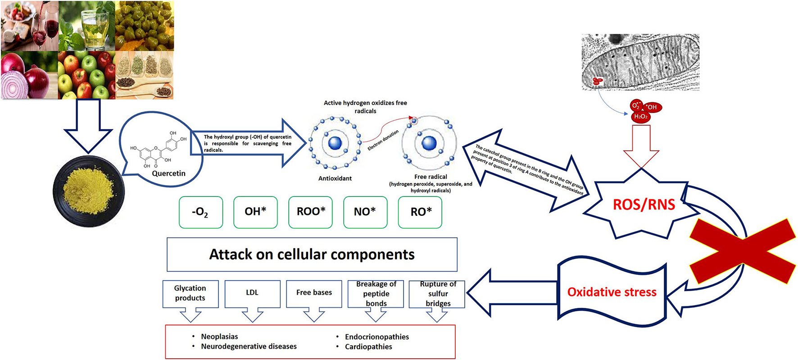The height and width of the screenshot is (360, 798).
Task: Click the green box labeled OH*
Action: [x=255, y=212]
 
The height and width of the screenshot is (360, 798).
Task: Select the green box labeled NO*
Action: [x=365, y=212]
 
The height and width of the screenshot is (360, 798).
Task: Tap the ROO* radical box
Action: [x=310, y=212]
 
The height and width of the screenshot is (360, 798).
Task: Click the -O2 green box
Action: [x=200, y=212]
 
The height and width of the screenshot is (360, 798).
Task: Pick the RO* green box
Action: [x=420, y=212]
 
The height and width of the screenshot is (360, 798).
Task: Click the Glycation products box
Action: [x=190, y=293]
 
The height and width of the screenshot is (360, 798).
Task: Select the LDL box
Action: [x=252, y=293]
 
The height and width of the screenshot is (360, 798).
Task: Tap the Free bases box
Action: [x=314, y=293]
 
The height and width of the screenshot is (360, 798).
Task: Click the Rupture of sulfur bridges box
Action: [x=437, y=294]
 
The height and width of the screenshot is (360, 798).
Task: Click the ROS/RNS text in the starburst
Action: [x=644, y=205]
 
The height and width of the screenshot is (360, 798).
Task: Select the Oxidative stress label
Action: [x=612, y=292]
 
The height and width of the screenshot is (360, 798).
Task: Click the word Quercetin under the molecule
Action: [x=168, y=173]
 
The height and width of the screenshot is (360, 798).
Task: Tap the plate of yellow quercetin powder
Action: [x=88, y=191]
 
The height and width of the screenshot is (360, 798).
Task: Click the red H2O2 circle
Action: [x=640, y=117]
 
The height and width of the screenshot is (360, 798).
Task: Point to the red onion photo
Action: [x=29, y=75]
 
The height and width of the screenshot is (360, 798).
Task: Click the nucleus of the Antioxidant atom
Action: [x=335, y=143]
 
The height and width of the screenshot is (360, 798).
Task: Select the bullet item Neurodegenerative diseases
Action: [x=249, y=346]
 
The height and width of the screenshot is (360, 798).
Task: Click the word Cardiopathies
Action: [x=368, y=347]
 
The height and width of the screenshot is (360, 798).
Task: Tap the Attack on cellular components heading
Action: [x=312, y=255]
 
